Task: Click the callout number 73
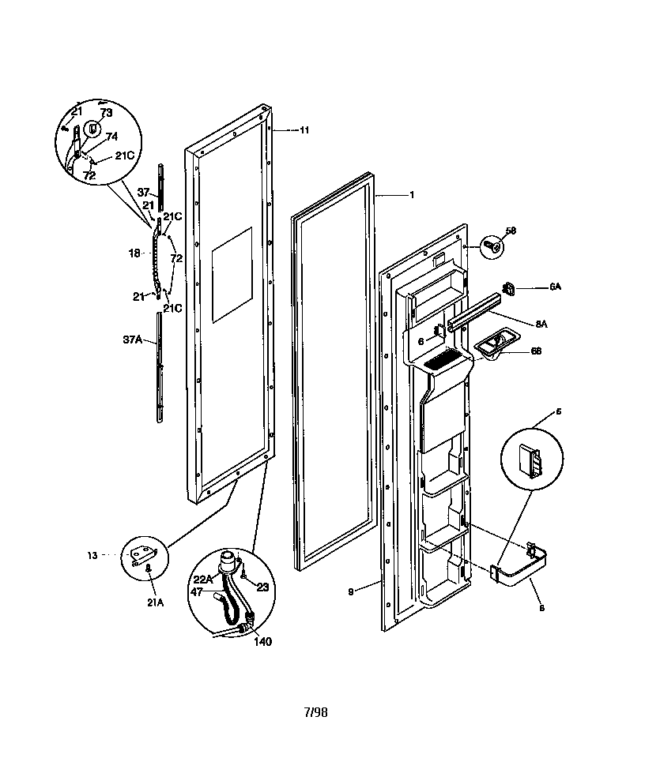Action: pos(106,114)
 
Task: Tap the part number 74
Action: pos(111,136)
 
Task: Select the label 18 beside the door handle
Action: pos(134,253)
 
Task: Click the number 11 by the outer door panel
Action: pos(304,130)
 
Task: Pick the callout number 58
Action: pos(511,231)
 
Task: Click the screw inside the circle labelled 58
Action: pos(492,246)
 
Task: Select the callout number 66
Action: pos(536,351)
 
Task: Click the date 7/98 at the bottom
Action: pos(315,712)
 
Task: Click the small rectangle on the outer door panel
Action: pos(232,275)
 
